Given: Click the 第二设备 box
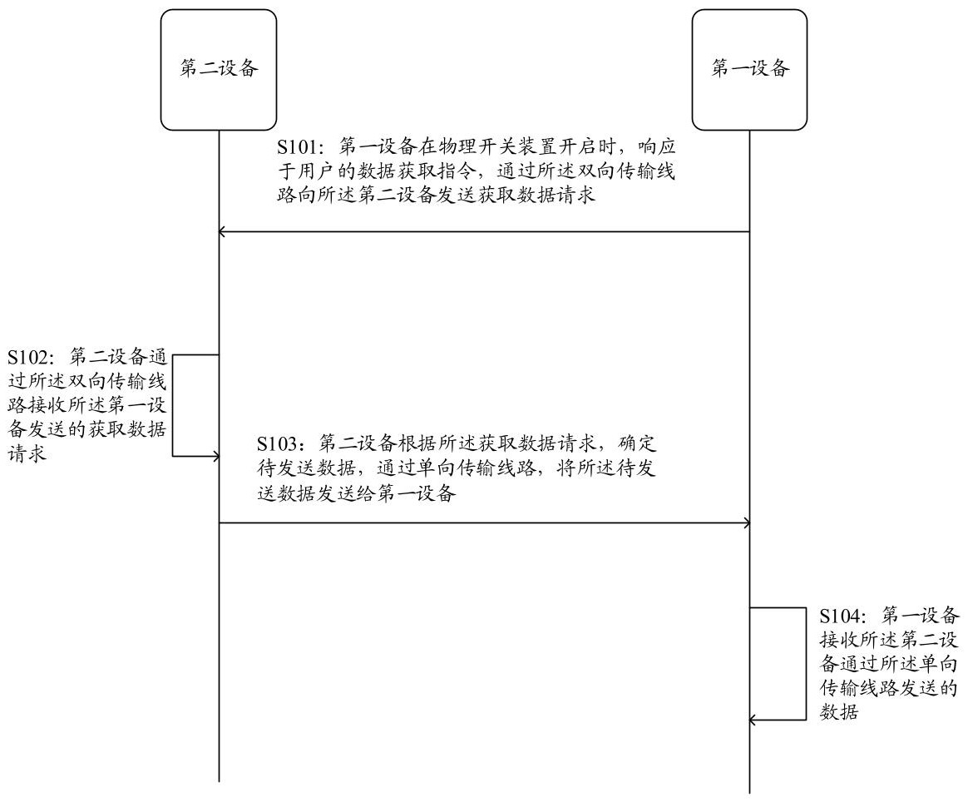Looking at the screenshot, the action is (219, 70).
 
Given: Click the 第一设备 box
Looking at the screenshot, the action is (749, 70).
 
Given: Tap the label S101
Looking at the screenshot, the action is (297, 146).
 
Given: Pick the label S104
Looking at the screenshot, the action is (840, 616).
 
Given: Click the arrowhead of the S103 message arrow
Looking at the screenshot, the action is (747, 522).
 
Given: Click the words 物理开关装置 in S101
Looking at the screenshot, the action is (491, 146).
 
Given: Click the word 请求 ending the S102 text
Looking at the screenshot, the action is (24, 456).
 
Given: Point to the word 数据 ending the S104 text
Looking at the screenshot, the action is (838, 712).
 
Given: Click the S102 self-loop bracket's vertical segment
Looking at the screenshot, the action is (173, 405).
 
